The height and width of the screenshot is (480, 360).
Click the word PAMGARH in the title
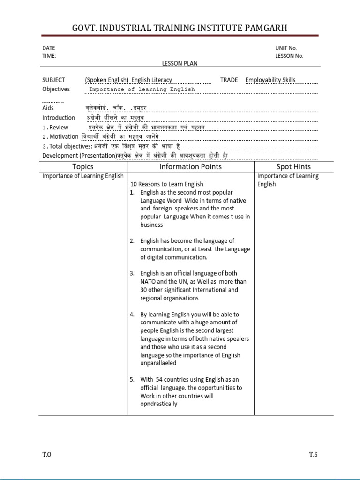tap(262, 29)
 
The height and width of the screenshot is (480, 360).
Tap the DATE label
tap(49, 48)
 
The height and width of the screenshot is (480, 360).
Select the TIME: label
tap(49, 56)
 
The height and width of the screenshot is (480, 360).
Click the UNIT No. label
tap(286, 48)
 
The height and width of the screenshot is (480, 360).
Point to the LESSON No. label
tap(289, 56)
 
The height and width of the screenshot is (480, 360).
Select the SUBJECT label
tap(54, 80)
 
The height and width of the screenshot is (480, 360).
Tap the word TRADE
tap(229, 80)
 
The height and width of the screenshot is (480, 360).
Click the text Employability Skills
tap(270, 80)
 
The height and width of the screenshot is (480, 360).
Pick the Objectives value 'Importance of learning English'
tap(142, 90)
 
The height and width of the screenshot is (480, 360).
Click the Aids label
tap(48, 108)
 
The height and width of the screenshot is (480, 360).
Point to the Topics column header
tap(83, 166)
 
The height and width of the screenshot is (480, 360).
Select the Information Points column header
tap(191, 166)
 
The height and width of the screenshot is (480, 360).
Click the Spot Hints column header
tap(293, 166)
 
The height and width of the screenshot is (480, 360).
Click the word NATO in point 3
tap(149, 282)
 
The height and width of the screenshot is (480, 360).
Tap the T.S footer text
tap(313, 454)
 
